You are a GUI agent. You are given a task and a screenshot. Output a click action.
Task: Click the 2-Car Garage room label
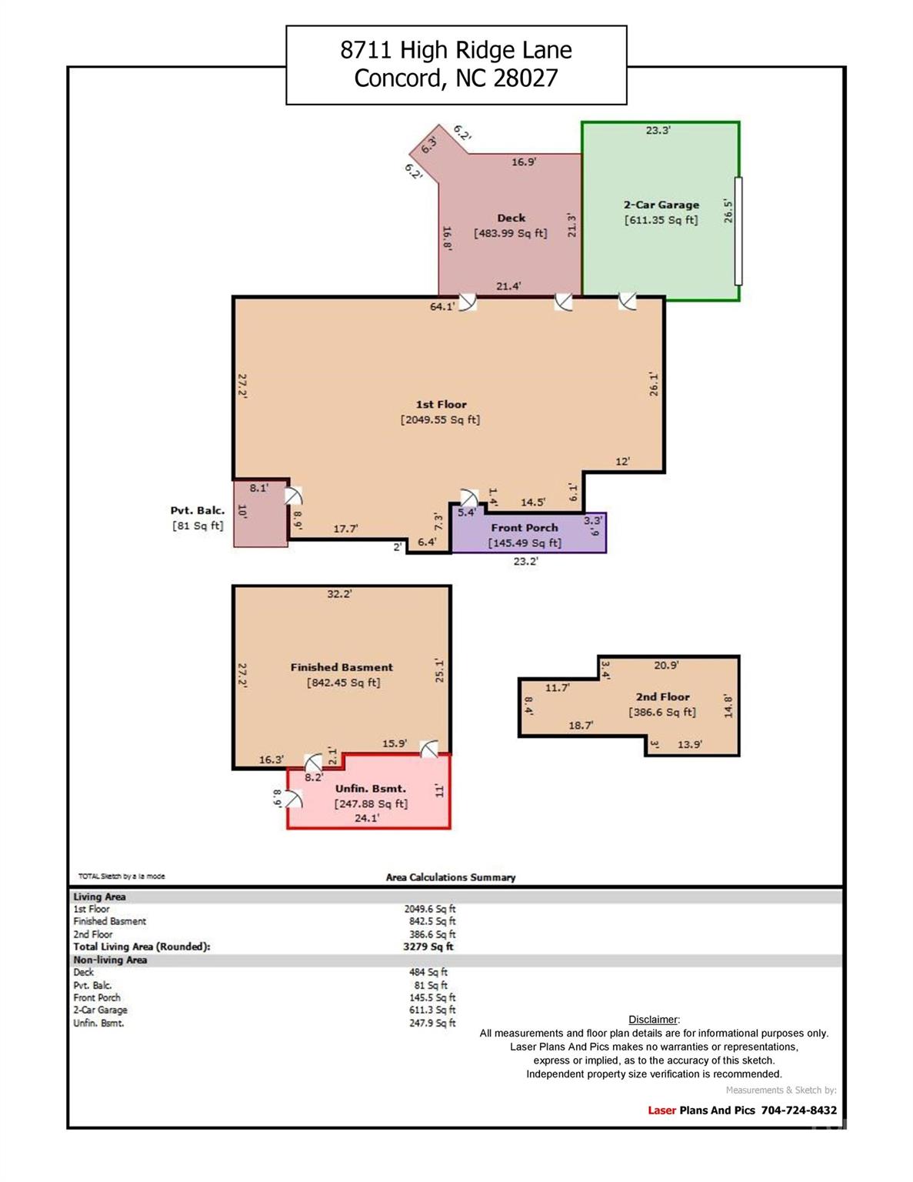coord(661,205)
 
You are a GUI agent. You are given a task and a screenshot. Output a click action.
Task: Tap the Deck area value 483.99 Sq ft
coord(510,233)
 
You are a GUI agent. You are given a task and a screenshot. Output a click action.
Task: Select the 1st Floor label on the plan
coord(441,404)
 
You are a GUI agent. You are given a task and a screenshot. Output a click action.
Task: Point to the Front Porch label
coord(525,528)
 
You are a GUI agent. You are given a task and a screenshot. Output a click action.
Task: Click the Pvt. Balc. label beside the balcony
coord(197,510)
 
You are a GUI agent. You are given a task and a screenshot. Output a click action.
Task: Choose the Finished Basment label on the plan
coord(342,667)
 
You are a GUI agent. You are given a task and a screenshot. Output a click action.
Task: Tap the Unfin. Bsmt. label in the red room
coord(371,788)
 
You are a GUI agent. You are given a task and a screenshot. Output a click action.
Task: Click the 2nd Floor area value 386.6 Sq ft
coord(662,712)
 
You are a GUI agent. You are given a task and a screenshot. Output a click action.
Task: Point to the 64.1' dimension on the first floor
coord(442,307)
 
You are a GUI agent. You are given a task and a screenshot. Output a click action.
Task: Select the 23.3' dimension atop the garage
coord(658,130)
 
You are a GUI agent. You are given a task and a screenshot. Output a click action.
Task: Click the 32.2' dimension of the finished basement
coord(339,594)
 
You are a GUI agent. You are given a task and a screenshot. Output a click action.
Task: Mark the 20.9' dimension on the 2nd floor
coord(666,665)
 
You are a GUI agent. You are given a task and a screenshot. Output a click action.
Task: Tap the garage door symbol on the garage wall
coord(738,231)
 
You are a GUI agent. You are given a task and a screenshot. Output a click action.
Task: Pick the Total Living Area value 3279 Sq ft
coord(428,947)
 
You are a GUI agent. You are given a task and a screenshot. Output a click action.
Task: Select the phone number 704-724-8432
coord(799,1110)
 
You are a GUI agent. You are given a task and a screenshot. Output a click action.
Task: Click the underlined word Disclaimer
coord(653,1020)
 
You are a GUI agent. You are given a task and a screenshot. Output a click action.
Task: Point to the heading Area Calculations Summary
coord(451,877)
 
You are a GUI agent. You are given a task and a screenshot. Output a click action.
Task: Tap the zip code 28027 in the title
coord(525,78)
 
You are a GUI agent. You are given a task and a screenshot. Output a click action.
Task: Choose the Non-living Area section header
coord(110,960)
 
